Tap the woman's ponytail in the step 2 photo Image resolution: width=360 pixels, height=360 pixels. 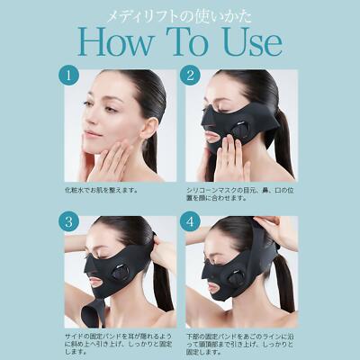tap(286, 135)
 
